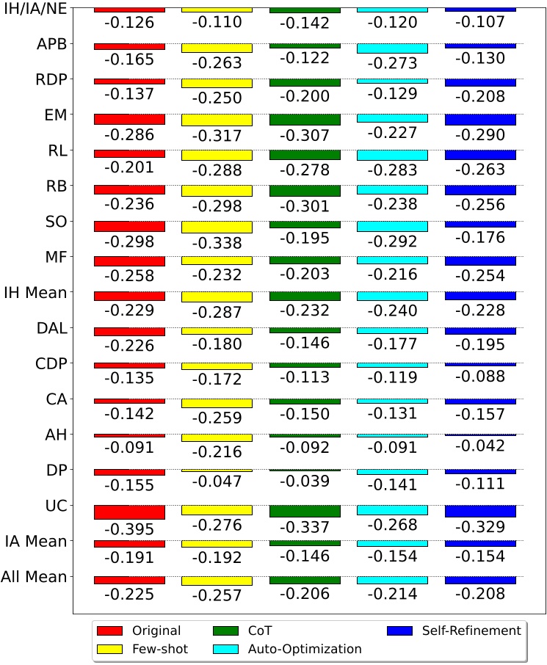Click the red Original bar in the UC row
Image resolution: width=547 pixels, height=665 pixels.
pos(129,512)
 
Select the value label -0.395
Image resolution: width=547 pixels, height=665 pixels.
pos(129,528)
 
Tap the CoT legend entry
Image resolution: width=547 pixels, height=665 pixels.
pos(250,630)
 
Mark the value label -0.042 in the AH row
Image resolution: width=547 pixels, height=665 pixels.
pos(480,446)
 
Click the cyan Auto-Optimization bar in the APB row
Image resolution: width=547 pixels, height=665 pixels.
pos(392,49)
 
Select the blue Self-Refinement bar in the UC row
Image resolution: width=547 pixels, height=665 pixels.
pos(480,512)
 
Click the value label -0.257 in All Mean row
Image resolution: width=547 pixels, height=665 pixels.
pos(217,594)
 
